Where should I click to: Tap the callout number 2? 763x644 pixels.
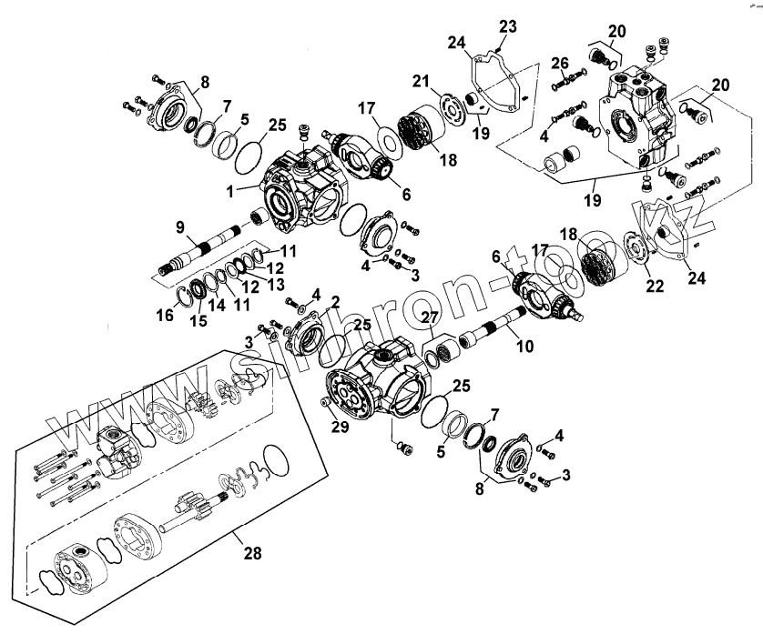[x=335, y=301]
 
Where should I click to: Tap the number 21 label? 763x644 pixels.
[x=420, y=82]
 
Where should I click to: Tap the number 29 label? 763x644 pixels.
[x=340, y=427]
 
